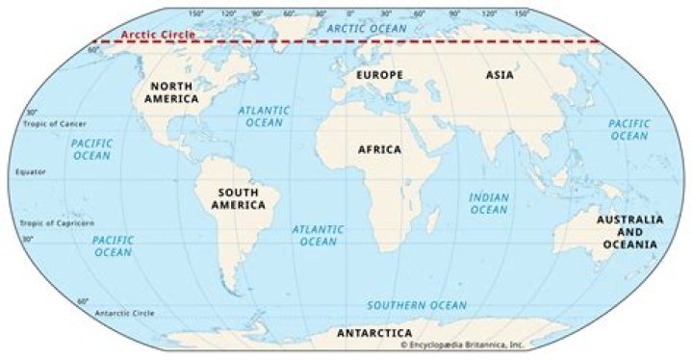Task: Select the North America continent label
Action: pyautogui.click(x=172, y=92)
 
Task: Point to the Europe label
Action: pyautogui.click(x=378, y=74)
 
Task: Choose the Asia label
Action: pyautogui.click(x=500, y=74)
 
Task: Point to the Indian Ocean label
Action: pyautogui.click(x=488, y=203)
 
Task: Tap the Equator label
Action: pyautogui.click(x=31, y=172)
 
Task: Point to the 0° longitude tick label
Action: pyautogui.click(x=348, y=14)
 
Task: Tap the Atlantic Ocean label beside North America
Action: pyautogui.click(x=261, y=116)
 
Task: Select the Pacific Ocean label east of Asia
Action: pyautogui.click(x=629, y=130)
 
